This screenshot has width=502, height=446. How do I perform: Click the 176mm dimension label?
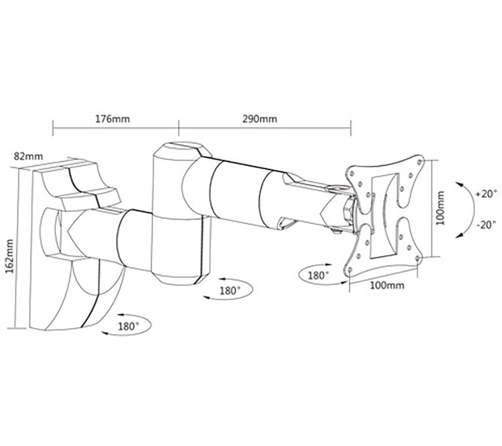pyautogui.click(x=112, y=119)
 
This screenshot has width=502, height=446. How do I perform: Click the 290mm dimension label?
pyautogui.click(x=260, y=119)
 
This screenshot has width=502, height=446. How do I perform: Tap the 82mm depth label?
pyautogui.click(x=28, y=156)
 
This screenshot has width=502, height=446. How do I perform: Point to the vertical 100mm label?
pyautogui.click(x=441, y=208)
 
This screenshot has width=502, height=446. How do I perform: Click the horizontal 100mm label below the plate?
pyautogui.click(x=387, y=285)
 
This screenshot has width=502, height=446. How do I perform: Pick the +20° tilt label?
pyautogui.click(x=486, y=194)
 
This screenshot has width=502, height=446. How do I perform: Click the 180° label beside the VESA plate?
pyautogui.click(x=318, y=276)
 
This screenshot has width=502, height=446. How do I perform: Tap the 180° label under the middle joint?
pyautogui.click(x=230, y=291)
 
